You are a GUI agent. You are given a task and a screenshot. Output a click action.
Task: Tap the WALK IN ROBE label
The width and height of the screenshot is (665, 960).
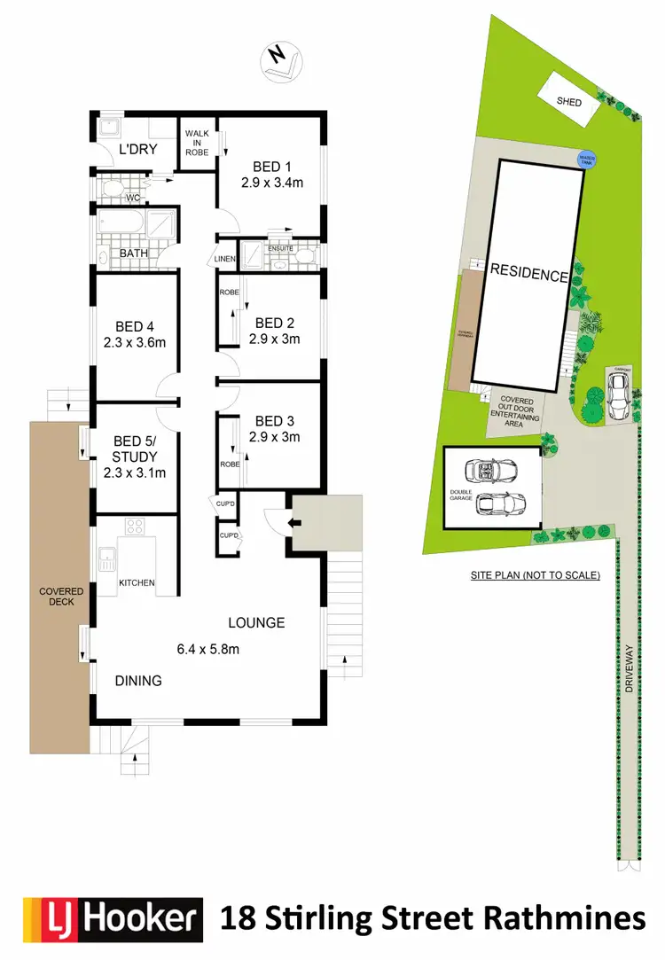(x=196, y=143)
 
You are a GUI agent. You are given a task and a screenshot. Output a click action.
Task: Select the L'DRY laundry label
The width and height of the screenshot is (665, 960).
(x=137, y=149)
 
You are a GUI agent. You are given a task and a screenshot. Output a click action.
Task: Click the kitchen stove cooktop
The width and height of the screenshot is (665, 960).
(x=135, y=527)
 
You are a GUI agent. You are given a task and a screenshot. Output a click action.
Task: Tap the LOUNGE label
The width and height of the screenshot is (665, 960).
(x=256, y=622)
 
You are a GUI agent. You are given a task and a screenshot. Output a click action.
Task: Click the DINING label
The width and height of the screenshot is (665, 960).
(x=138, y=681)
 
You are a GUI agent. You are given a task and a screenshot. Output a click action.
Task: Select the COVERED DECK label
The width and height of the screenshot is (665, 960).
(x=60, y=597)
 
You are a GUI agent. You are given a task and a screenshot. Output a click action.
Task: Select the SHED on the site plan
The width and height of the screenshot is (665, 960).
(x=568, y=102)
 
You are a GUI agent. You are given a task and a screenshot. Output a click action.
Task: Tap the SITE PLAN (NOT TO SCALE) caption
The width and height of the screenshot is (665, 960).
(x=535, y=575)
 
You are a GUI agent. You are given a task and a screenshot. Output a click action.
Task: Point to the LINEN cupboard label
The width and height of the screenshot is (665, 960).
(x=225, y=258)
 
